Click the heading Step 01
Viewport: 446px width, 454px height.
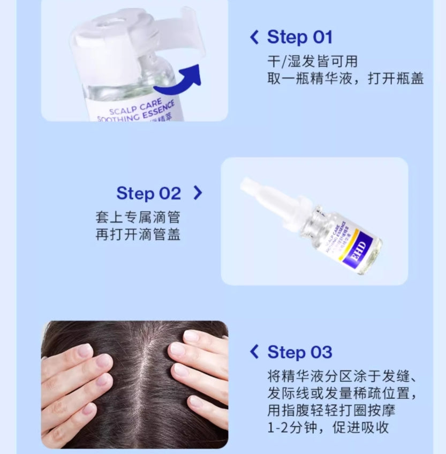click(300, 38)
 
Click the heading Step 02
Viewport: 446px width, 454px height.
click(149, 193)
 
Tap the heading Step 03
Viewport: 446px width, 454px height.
click(300, 352)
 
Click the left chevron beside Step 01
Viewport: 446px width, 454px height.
click(254, 38)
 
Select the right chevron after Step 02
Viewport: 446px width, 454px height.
click(198, 193)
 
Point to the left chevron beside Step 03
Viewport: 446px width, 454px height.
click(254, 352)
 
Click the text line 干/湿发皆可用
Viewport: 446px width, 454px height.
click(312, 61)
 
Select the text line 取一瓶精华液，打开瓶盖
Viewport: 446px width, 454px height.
click(345, 79)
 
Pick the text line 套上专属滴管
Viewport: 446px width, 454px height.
click(138, 217)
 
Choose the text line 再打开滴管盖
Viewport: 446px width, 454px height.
click(138, 234)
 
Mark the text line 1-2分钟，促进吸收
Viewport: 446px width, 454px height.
click(328, 427)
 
